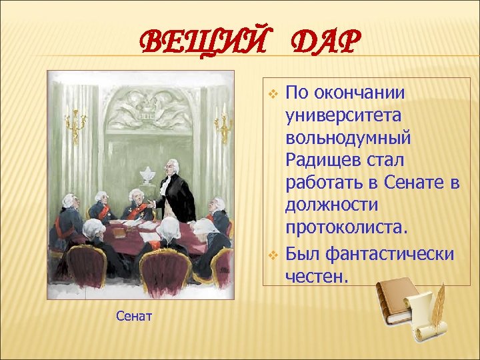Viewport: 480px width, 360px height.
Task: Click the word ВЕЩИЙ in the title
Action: pos(202,44)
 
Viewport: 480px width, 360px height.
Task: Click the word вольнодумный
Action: pos(349,139)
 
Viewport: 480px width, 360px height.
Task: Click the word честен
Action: pos(317,275)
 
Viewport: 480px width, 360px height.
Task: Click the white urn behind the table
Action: pos(147,176)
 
